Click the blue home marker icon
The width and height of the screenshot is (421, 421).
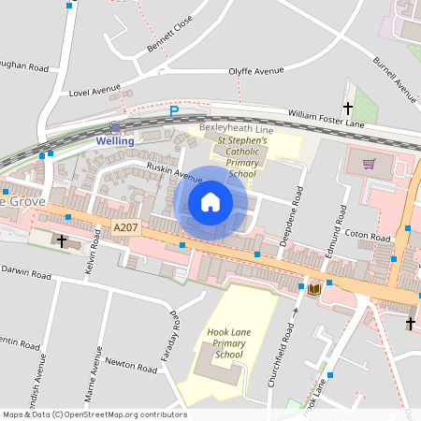pyautogui.click(x=210, y=202)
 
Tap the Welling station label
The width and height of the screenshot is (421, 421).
pyautogui.click(x=116, y=141)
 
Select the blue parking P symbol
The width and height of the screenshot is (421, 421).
pyautogui.click(x=173, y=111)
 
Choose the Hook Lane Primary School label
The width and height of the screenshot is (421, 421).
pyautogui.click(x=228, y=343)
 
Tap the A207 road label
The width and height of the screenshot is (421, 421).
pyautogui.click(x=124, y=227)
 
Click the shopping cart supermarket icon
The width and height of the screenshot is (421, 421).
pyautogui.click(x=370, y=163)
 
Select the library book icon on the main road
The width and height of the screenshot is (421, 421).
pyautogui.click(x=313, y=288)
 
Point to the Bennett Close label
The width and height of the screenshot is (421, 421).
pyautogui.click(x=169, y=35)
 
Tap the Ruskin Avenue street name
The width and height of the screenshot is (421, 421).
pyautogui.click(x=174, y=172)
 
